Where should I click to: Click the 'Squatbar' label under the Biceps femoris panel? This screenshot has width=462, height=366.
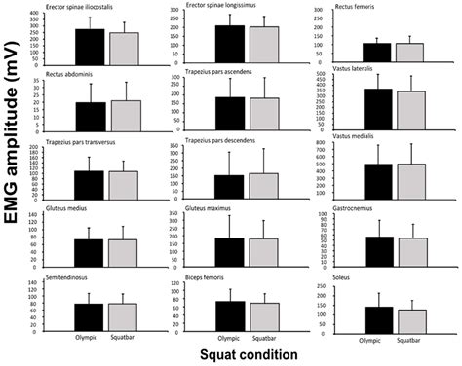(264, 340)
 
